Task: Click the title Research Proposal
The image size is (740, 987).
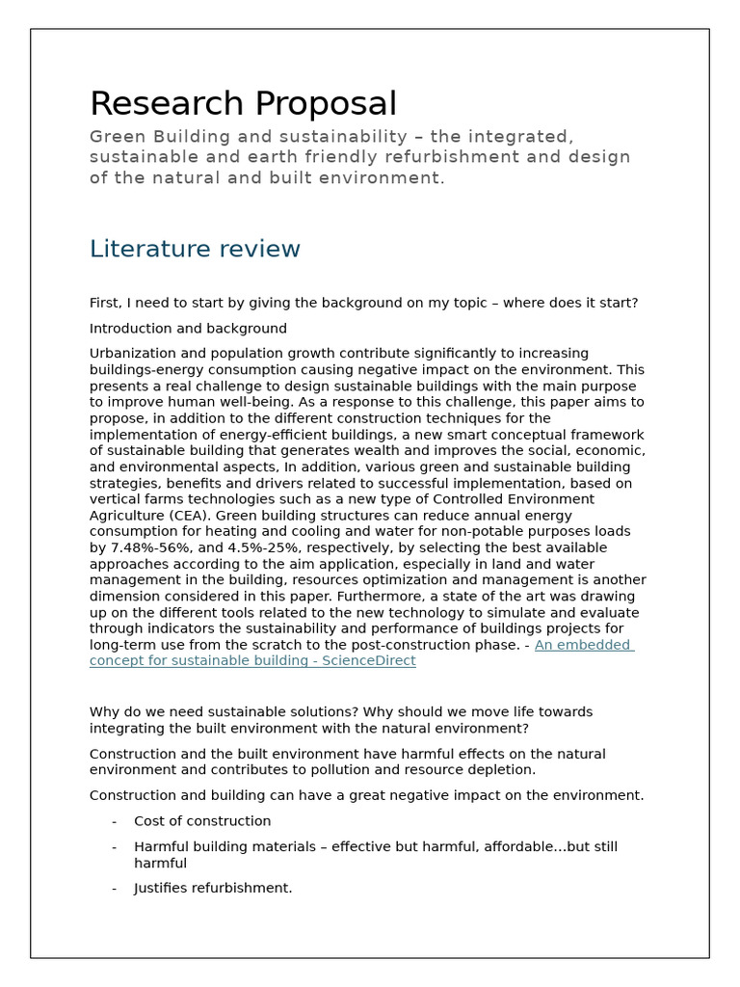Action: pos(243,104)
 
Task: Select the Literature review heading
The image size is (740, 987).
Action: pos(195,250)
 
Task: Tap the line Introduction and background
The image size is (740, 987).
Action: pos(188,329)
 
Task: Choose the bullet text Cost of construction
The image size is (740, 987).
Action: pos(202,821)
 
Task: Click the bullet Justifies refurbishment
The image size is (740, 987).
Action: pos(213,888)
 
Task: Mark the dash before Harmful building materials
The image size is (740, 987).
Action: pos(115,847)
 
